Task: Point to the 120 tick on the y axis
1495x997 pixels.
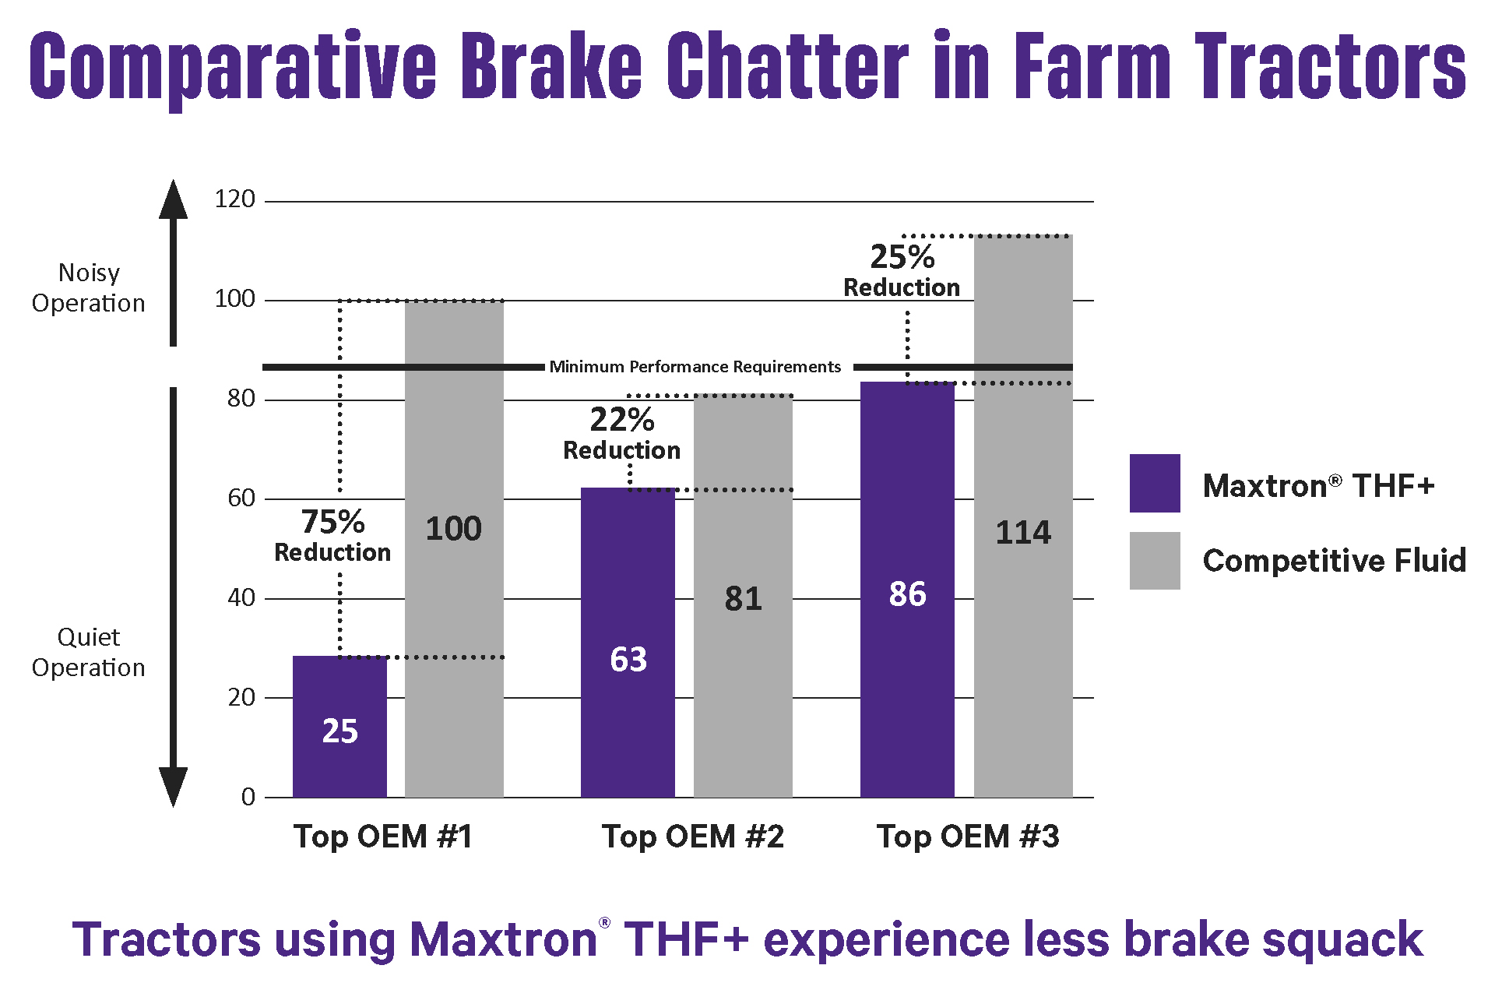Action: click(234, 199)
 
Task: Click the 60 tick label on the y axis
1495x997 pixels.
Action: click(241, 498)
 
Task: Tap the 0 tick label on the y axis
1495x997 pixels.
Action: click(248, 797)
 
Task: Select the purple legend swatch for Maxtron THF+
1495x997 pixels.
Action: click(1155, 483)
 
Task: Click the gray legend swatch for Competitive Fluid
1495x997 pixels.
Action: click(1155, 561)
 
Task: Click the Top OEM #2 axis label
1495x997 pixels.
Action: click(693, 837)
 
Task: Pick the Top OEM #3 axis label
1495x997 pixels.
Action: click(968, 837)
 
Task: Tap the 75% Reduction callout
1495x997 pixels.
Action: click(332, 535)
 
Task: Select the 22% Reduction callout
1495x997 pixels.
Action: click(621, 434)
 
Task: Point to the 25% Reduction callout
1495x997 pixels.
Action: click(902, 270)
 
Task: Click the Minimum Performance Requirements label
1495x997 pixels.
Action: click(695, 367)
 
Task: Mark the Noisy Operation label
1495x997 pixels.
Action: click(89, 287)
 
